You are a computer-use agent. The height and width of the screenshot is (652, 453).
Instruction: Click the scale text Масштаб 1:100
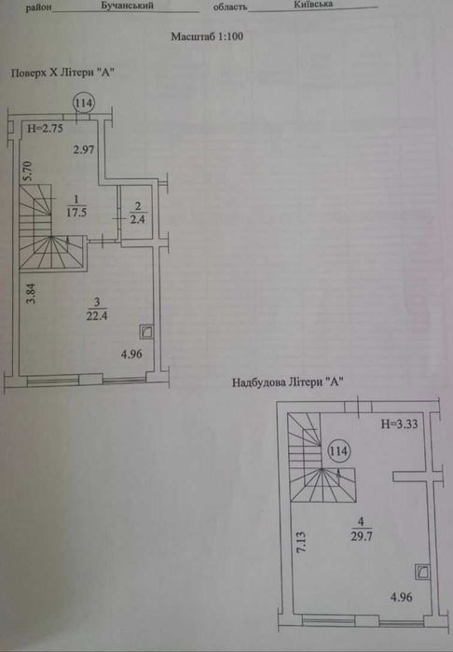pos(207,36)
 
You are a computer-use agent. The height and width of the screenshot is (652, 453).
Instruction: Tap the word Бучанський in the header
pos(127,6)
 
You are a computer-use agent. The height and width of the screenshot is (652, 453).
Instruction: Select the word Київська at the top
pos(313,5)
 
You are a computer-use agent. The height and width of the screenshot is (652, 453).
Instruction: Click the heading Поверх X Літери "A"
pos(62,73)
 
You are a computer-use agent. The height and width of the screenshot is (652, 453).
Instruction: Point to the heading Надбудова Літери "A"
pos(288,382)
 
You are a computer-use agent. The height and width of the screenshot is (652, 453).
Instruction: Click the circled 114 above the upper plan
pos(84,103)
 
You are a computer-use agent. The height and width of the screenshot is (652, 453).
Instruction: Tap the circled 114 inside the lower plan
pos(338,451)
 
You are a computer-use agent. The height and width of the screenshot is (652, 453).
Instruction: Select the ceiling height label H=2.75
pos(46,129)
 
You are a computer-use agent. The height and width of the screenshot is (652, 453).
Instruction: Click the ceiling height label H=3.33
pos(399,424)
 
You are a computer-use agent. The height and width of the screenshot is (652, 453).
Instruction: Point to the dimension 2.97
pos(84,149)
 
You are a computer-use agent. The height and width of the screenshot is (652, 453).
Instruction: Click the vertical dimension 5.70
pos(27,172)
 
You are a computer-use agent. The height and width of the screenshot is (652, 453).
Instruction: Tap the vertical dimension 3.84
pos(31,294)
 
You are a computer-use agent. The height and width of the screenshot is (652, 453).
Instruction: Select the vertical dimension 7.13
pos(301,541)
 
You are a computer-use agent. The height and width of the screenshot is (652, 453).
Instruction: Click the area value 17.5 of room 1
pos(76,213)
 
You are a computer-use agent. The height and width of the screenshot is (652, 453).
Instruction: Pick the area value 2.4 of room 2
pos(138,219)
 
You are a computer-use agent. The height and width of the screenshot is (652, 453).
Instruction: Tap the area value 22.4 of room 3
pos(97,316)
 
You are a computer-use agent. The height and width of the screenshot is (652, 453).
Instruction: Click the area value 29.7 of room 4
pos(362,536)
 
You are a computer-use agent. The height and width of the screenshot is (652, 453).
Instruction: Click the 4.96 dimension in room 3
pos(131,354)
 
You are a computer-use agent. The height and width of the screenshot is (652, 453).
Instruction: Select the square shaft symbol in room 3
pos(146,332)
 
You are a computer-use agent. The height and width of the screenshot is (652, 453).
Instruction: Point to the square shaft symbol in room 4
pos(422,573)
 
